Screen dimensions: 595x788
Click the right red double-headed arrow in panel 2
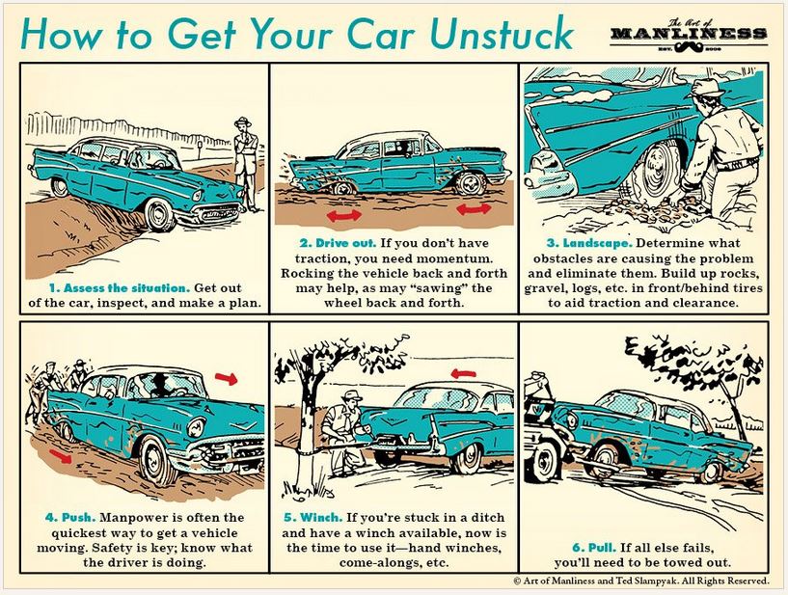pyautogui.click(x=473, y=208)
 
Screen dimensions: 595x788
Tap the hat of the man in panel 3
pyautogui.click(x=709, y=88)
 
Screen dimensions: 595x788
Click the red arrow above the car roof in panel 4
pyautogui.click(x=224, y=375)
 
